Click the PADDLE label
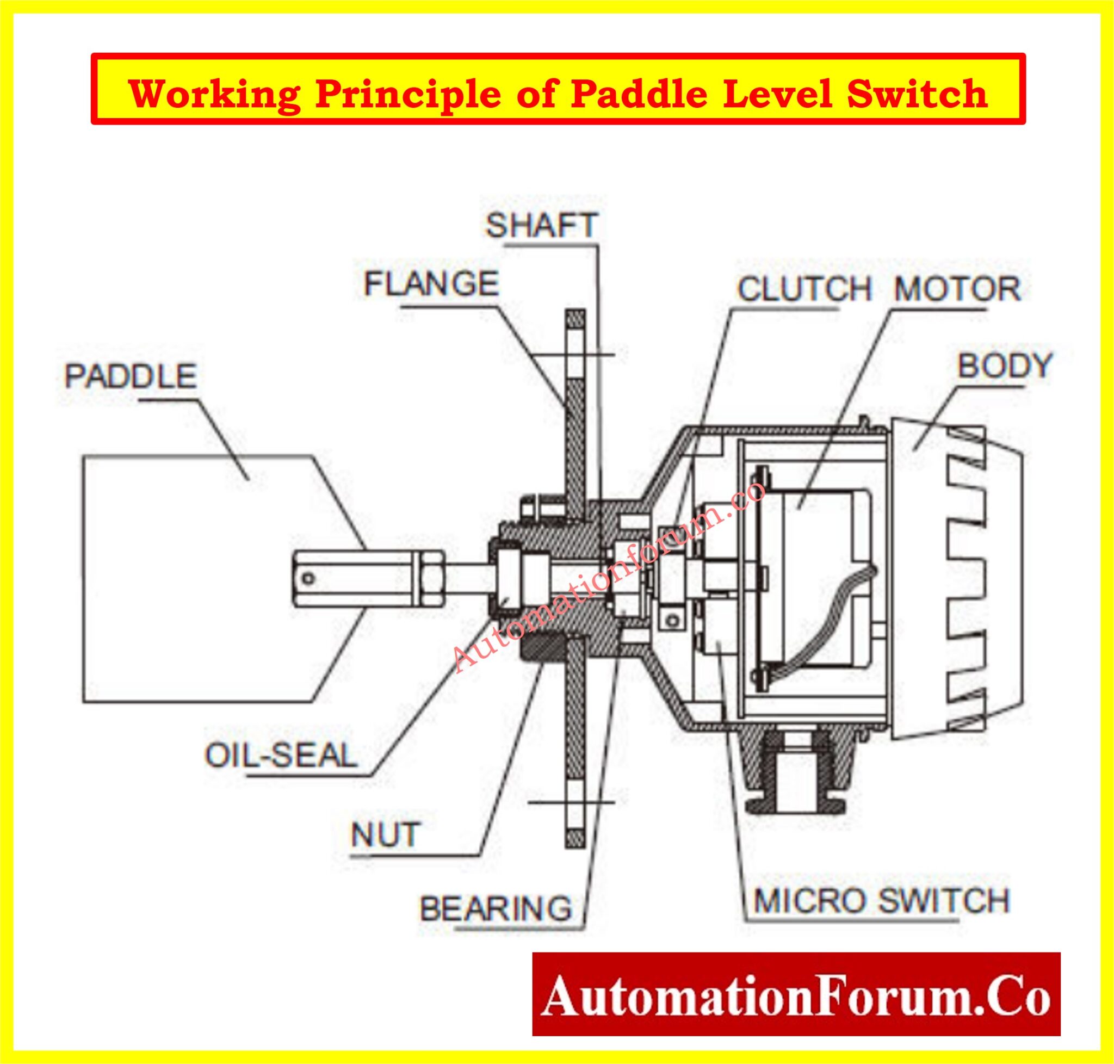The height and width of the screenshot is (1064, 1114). click(x=131, y=376)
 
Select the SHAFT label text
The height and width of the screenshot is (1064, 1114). click(x=541, y=225)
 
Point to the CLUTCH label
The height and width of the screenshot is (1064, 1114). click(x=803, y=289)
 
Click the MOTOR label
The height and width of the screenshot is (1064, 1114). click(x=957, y=289)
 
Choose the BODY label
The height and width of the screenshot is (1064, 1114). click(x=1005, y=366)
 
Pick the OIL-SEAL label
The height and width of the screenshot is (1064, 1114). click(x=281, y=756)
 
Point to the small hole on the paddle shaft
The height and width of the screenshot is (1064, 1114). click(x=308, y=579)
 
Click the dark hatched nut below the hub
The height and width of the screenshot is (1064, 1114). click(x=543, y=649)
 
